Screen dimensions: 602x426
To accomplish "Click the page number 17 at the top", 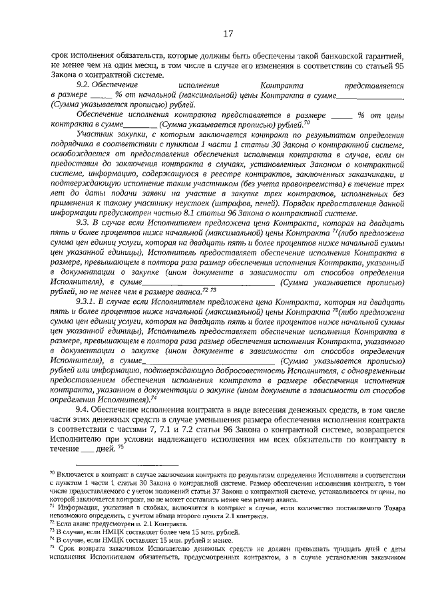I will pos(227,33).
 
